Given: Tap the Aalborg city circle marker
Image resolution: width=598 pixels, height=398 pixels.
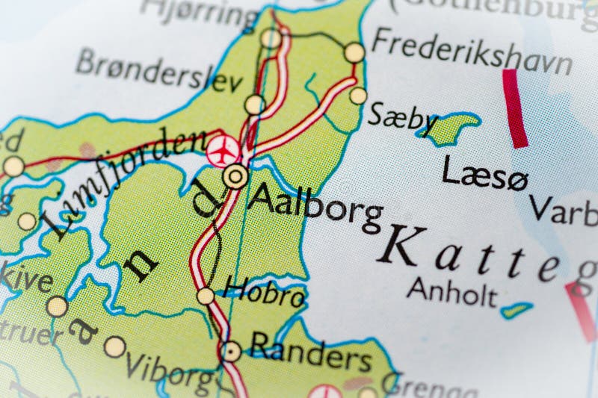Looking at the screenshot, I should (235, 177).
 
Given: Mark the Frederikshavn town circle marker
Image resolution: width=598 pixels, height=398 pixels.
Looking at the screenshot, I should (354, 52).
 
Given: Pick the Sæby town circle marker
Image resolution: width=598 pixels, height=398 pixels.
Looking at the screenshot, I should (358, 96).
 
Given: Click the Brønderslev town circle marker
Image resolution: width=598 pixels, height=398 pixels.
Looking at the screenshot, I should (254, 104).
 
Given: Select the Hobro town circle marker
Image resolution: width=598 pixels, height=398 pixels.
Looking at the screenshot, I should (206, 296).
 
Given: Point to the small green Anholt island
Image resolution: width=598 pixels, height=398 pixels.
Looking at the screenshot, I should (515, 309).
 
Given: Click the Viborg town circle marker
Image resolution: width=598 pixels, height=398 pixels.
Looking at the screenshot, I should (114, 346).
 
